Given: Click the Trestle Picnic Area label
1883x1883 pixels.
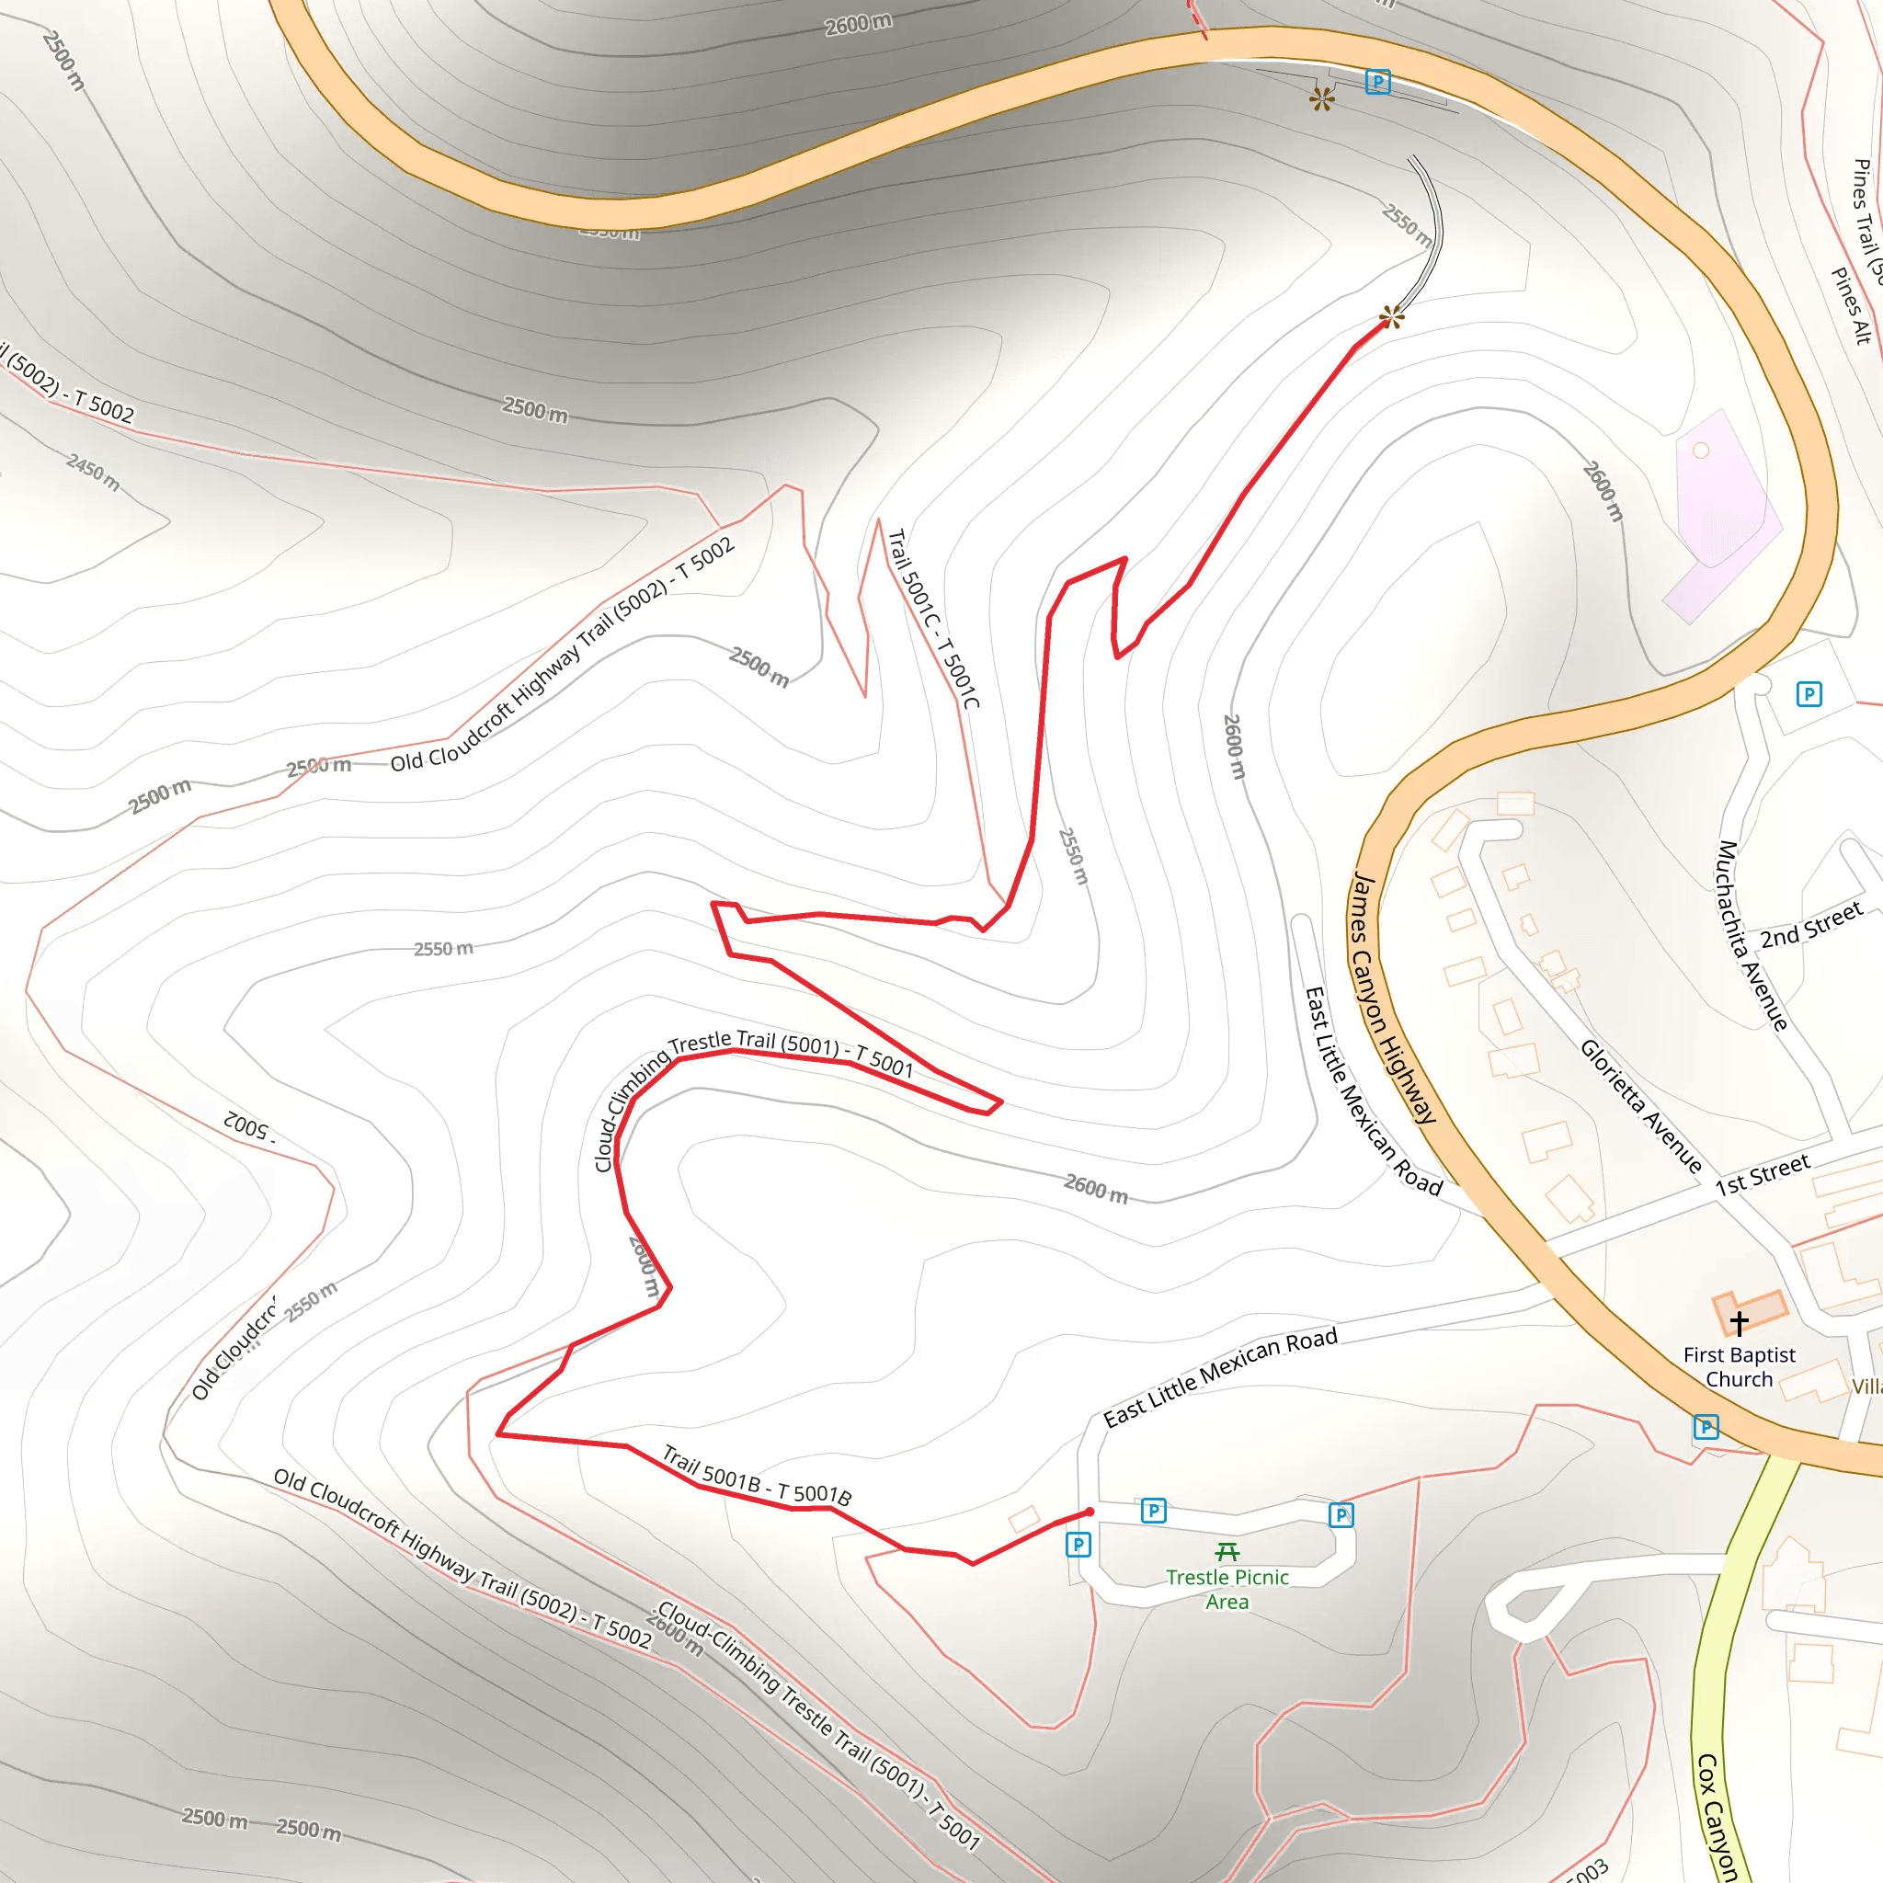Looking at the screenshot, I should [x=1227, y=1589].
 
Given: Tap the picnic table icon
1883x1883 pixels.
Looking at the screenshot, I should [x=1227, y=1551].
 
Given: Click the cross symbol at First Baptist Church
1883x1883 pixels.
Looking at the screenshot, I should [x=1740, y=1322].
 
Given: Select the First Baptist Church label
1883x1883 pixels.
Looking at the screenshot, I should [x=1740, y=1366].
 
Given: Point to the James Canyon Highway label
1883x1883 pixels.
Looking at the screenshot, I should [x=1394, y=999].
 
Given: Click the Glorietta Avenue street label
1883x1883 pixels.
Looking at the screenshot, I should [x=1641, y=1106].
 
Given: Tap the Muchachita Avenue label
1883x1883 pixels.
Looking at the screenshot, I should [x=1752, y=936].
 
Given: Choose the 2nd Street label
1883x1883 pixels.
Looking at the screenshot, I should [x=1811, y=925].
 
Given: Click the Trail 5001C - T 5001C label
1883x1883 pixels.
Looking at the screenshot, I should [x=934, y=618].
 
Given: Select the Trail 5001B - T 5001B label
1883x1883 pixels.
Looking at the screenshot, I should [x=758, y=1476].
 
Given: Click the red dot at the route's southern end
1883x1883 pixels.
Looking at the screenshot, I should [x=1090, y=1512].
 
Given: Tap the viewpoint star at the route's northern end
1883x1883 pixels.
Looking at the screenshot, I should [x=1392, y=317].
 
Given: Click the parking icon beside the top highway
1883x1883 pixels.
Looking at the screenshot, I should [x=1377, y=82].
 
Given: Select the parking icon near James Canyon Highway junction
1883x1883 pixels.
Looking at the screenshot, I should [x=1706, y=1428].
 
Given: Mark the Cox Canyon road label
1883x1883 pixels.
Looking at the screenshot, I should [x=1716, y=1818].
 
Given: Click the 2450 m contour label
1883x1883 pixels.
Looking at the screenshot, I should [x=94, y=472].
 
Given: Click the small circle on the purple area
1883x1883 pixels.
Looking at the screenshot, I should [x=1701, y=451].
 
